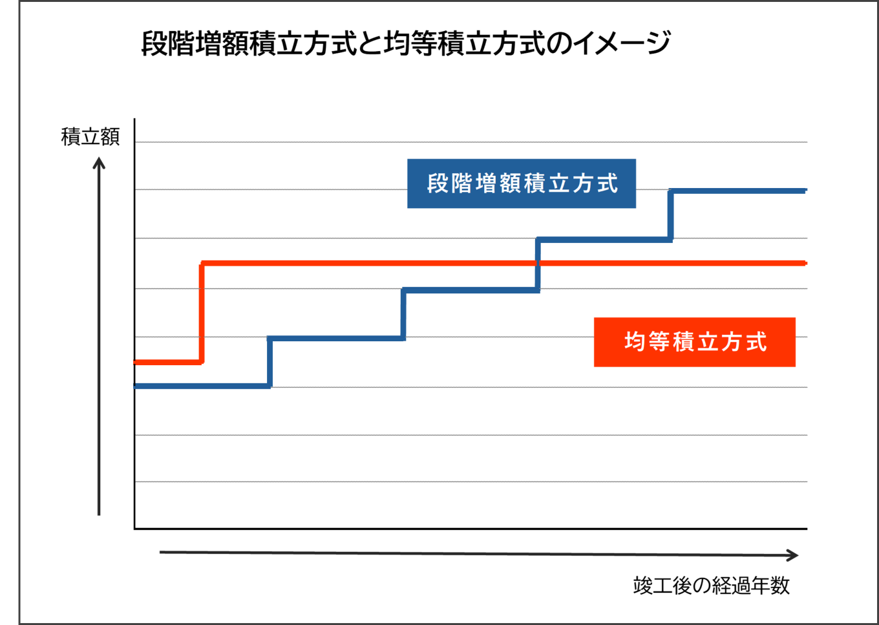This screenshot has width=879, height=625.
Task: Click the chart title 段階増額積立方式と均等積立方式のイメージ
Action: [x=405, y=44]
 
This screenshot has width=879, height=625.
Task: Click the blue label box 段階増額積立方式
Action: [x=521, y=184]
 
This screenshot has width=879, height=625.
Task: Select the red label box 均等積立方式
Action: [x=694, y=342]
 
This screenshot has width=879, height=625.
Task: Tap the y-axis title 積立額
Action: [x=90, y=137]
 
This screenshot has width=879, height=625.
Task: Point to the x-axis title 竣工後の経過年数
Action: [x=711, y=586]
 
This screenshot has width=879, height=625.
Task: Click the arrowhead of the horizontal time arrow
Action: [x=793, y=555]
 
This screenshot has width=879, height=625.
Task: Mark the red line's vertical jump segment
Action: [x=202, y=312]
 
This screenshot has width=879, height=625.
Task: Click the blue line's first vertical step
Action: [x=270, y=362]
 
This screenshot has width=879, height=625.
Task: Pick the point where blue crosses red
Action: [x=538, y=263]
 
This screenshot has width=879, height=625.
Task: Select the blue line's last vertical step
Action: [x=671, y=215]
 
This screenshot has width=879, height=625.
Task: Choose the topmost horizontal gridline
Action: [x=472, y=142]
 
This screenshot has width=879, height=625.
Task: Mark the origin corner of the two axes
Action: [x=134, y=529]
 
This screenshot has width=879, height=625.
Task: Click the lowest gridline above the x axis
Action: [x=472, y=482]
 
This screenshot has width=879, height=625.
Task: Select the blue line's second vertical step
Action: [x=403, y=313]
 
